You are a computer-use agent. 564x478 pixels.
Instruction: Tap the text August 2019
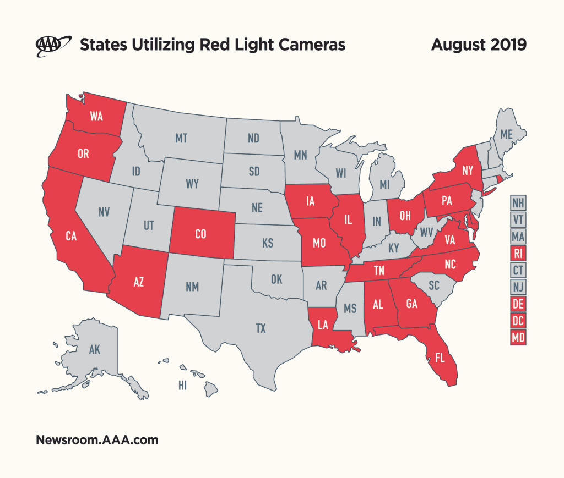click(x=478, y=45)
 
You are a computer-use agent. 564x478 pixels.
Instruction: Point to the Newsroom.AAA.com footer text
click(x=97, y=440)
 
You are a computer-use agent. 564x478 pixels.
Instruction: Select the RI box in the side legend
click(x=518, y=254)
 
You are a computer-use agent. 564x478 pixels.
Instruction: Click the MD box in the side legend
click(x=518, y=338)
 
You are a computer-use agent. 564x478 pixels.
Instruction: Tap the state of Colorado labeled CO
click(x=200, y=234)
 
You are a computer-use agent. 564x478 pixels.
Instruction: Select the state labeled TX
click(x=261, y=329)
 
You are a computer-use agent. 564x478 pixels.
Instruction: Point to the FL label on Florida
click(x=440, y=358)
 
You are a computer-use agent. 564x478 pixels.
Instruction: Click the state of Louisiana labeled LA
click(x=323, y=325)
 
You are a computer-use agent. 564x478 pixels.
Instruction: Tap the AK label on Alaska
click(x=94, y=349)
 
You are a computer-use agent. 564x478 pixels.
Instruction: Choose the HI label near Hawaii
click(x=182, y=386)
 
